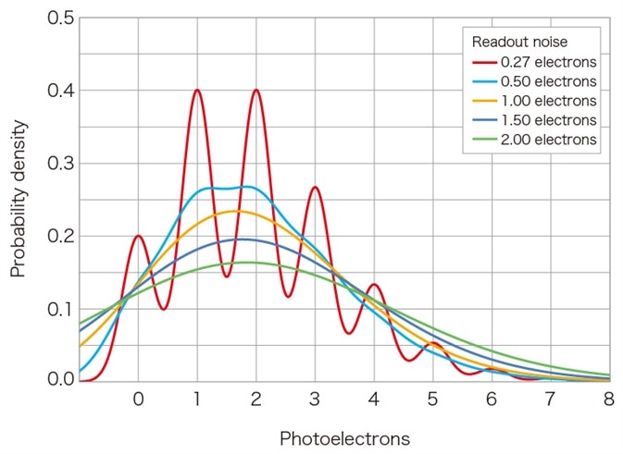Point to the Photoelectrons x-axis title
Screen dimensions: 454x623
344,436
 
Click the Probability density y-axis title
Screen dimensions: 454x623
18,197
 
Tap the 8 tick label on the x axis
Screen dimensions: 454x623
609,400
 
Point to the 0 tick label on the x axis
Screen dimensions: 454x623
138,400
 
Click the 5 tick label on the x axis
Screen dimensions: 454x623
432,400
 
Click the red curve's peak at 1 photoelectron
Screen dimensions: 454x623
197,91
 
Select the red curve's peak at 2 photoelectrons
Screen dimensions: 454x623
255,91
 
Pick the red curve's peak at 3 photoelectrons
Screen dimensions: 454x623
315,188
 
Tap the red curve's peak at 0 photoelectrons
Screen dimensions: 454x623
139,235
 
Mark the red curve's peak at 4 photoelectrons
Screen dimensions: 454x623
373,285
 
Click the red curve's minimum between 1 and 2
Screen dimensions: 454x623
227,276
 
